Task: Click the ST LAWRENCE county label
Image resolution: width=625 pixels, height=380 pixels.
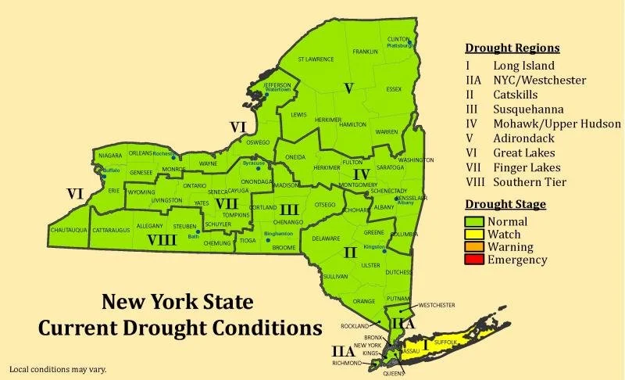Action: click(317, 59)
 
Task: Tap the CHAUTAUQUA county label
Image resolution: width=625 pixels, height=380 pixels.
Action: click(69, 231)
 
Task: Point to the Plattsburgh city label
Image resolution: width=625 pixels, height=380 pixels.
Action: click(399, 45)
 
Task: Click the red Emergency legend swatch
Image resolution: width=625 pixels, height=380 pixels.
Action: click(473, 260)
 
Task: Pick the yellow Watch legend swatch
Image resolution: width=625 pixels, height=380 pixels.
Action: click(473, 235)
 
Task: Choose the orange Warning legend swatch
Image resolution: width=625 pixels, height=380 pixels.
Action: click(473, 247)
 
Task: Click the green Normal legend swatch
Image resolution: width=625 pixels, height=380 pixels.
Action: click(473, 221)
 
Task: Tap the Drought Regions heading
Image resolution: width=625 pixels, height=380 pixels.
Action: click(512, 48)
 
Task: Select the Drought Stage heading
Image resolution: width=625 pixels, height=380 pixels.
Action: click(505, 205)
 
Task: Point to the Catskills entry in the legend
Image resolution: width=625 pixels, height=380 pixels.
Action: click(516, 95)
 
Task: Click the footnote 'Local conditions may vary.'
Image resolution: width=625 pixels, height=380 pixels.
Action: click(57, 369)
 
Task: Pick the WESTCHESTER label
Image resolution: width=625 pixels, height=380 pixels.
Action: click(437, 303)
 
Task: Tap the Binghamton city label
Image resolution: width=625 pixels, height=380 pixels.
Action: click(279, 233)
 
